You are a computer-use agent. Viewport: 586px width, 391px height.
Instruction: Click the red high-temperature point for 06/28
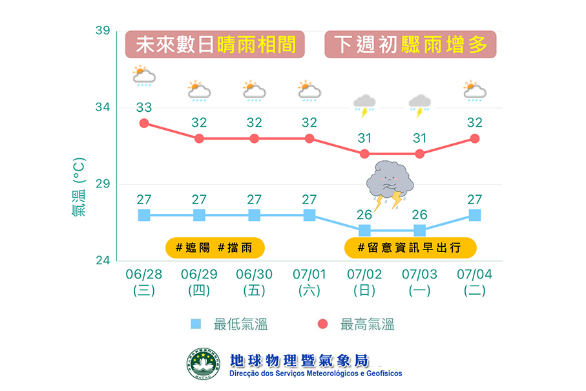pos(144,123)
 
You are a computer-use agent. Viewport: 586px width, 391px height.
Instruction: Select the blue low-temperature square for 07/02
pos(364,231)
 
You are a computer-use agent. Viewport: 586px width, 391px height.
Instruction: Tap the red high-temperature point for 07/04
pos(475,138)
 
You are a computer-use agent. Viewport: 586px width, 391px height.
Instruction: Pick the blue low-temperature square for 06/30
pos(255,215)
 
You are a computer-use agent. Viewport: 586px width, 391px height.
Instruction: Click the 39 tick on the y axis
pos(103,31)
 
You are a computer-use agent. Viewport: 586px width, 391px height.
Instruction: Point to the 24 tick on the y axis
pos(103,261)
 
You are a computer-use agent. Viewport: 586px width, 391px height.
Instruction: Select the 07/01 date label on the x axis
pos(309,275)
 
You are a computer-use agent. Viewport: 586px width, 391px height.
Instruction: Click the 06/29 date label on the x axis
pos(199,275)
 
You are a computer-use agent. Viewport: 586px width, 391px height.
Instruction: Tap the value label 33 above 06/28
pos(144,107)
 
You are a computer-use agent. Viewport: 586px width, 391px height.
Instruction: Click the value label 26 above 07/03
pos(420,215)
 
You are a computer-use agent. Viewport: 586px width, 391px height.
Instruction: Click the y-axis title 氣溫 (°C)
pos(78,185)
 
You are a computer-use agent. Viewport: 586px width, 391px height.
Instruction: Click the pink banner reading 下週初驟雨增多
pos(410,45)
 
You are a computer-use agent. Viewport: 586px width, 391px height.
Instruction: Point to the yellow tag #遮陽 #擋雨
pos(215,247)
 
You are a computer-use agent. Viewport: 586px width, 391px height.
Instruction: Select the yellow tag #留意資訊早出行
pos(410,247)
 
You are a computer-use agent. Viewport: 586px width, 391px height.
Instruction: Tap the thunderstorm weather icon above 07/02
pos(364,105)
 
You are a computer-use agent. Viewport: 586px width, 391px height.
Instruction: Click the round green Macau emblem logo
pos(204,364)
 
